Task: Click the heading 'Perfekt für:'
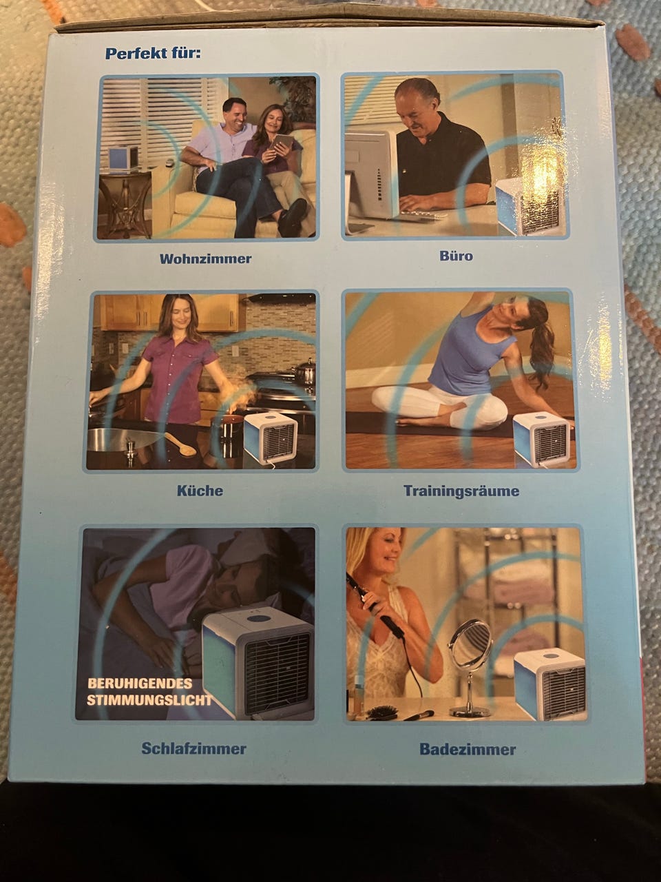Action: [152, 54]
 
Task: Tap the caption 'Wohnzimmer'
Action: [205, 258]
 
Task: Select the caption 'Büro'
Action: [456, 256]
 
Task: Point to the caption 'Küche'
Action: [200, 490]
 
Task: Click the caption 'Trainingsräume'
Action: [461, 491]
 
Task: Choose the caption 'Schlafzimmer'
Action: [194, 748]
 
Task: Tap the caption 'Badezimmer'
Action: [468, 749]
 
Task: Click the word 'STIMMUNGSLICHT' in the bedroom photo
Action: [149, 700]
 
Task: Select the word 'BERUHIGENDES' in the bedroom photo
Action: [140, 684]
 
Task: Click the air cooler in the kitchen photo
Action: [271, 438]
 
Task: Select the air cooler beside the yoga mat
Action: [542, 440]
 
